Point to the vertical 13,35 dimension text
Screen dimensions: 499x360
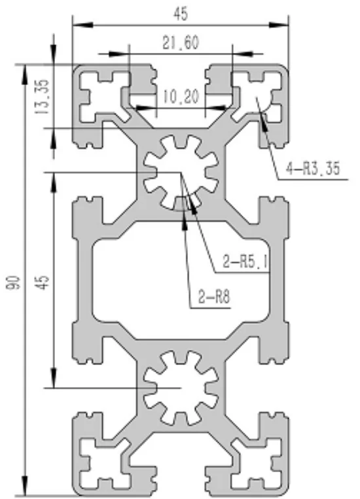pos(43,97)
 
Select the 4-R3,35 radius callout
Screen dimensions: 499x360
pos(313,169)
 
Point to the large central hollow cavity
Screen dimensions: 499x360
pos(179,281)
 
